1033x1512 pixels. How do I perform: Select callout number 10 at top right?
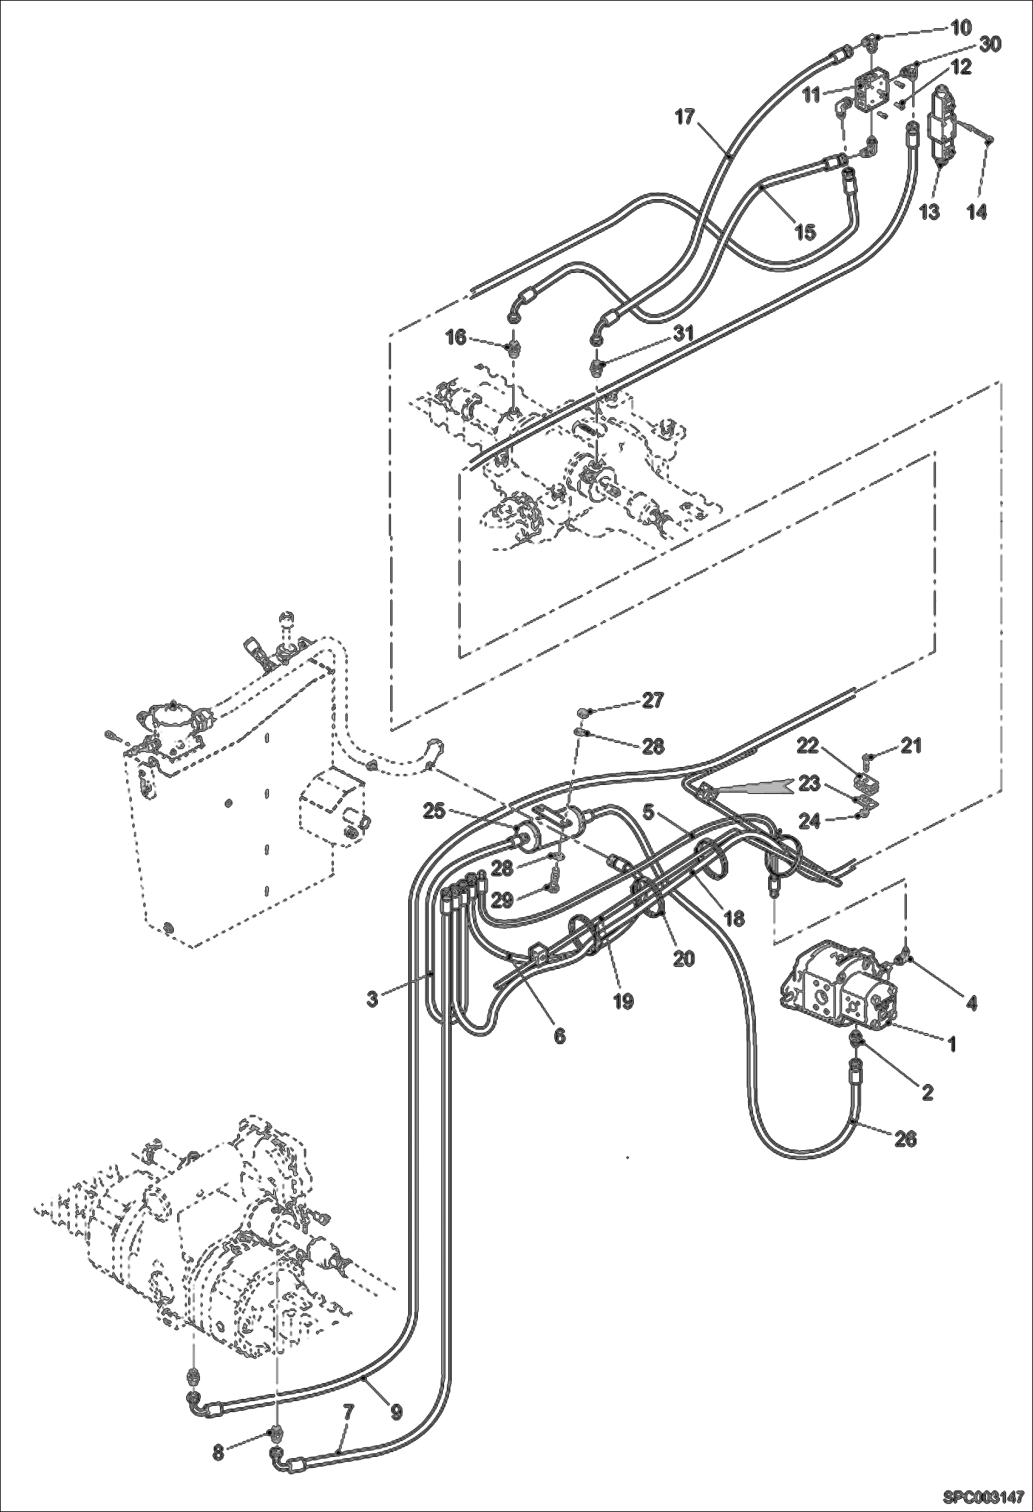(961, 28)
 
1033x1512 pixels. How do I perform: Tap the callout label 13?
(929, 212)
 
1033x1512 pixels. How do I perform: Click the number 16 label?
(456, 337)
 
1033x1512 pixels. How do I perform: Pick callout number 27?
(652, 700)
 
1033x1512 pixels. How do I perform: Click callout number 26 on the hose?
(905, 1139)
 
